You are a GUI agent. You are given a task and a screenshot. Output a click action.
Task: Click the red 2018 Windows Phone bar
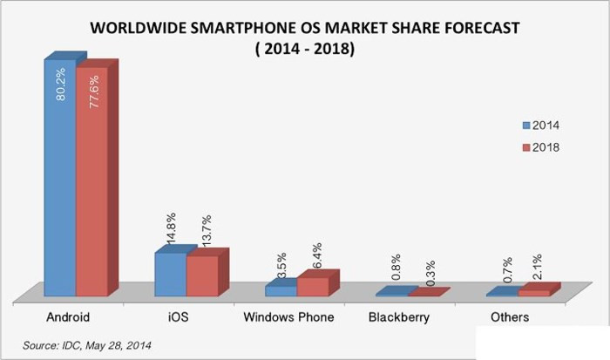(311, 287)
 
